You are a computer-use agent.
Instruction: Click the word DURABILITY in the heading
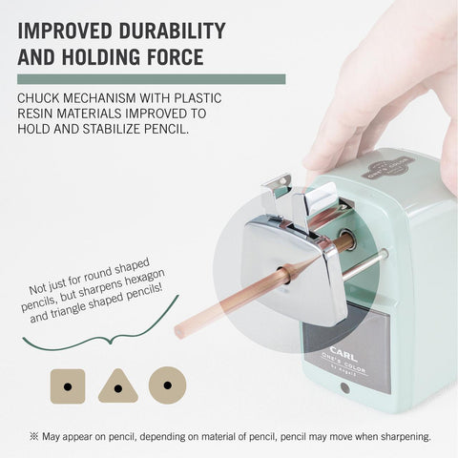[172, 31]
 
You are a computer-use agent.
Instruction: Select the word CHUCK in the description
[37, 98]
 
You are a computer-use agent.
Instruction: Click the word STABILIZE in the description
[112, 129]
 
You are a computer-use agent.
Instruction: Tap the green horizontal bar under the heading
[152, 79]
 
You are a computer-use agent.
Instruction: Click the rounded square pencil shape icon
[68, 386]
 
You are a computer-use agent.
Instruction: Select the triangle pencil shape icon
[118, 386]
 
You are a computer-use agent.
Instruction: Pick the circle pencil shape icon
[167, 385]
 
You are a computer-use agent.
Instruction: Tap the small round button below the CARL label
[344, 388]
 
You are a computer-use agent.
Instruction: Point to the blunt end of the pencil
[178, 333]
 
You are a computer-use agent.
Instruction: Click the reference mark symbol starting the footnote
[33, 436]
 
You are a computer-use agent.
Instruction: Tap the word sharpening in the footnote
[406, 437]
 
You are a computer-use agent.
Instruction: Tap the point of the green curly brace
[110, 343]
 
